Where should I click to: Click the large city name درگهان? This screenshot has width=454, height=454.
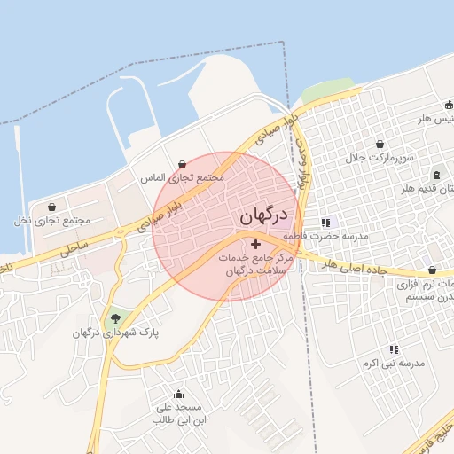click(x=262, y=216)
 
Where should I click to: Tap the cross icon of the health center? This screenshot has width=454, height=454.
click(x=256, y=244)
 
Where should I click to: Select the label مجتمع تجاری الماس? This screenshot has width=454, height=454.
click(x=184, y=177)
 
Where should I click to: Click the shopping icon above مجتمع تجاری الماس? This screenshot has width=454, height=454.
click(x=183, y=164)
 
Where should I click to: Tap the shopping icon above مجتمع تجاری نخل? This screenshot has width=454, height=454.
click(x=51, y=206)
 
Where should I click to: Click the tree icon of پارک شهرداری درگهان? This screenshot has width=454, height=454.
click(x=114, y=318)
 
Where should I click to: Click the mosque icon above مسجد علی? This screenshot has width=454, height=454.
click(x=180, y=395)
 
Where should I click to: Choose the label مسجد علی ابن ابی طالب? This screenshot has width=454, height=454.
click(x=180, y=415)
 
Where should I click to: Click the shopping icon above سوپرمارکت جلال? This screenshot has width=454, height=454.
click(x=380, y=144)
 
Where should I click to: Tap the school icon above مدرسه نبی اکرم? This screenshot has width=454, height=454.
click(x=394, y=349)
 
